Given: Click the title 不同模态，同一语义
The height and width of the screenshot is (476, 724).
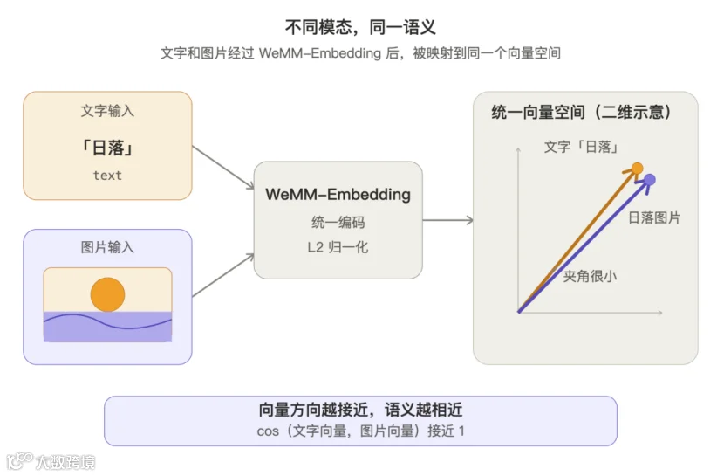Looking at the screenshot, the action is (360, 27).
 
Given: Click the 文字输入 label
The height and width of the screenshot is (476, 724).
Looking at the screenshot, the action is (107, 111).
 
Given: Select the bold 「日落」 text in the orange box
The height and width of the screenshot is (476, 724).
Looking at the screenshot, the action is (107, 148).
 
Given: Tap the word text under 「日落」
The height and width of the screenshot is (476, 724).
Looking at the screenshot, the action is (107, 176).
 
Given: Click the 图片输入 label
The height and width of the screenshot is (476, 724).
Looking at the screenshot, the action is (107, 247).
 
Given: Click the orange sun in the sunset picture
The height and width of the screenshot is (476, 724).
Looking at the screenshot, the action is (107, 295).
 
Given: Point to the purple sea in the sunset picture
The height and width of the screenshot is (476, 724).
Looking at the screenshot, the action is (107, 328).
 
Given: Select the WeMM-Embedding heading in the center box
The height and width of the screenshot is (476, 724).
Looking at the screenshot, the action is (338, 195).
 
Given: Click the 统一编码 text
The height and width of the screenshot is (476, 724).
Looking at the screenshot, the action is (338, 223).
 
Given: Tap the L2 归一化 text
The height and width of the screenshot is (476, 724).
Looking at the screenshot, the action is (338, 247).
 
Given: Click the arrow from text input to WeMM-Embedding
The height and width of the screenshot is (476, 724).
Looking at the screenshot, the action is (223, 168).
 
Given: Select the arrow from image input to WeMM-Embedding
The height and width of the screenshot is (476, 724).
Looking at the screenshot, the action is (223, 275).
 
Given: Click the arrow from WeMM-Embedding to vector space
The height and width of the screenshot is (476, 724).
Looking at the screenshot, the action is (448, 220).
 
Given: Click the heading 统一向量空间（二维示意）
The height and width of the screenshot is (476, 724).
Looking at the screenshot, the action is (581, 112).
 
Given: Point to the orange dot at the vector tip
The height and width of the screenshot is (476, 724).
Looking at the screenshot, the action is (637, 169).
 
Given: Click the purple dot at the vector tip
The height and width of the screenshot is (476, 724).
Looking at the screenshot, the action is (650, 179).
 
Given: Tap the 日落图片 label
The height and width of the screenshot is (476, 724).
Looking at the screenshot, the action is (654, 217).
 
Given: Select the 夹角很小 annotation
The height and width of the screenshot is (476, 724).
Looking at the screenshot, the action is (590, 276).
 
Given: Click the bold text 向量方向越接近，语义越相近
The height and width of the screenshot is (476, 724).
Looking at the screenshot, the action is (360, 410).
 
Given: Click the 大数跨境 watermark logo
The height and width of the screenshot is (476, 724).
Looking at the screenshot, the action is (51, 462).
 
